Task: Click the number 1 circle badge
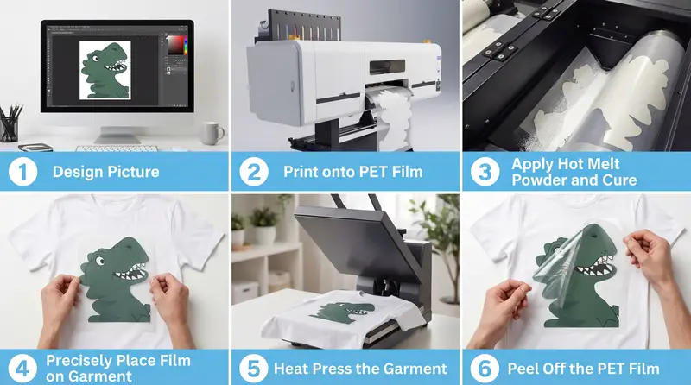[21, 171]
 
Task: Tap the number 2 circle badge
[250, 171]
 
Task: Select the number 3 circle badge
[481, 171]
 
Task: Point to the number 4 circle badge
[21, 367]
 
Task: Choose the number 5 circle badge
[250, 367]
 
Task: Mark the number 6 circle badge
[481, 367]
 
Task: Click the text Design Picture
[105, 171]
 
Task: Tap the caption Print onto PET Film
[352, 171]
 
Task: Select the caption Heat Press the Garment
[360, 368]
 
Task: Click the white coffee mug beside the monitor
[212, 133]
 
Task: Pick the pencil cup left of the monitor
[10, 128]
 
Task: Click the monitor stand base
[116, 138]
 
